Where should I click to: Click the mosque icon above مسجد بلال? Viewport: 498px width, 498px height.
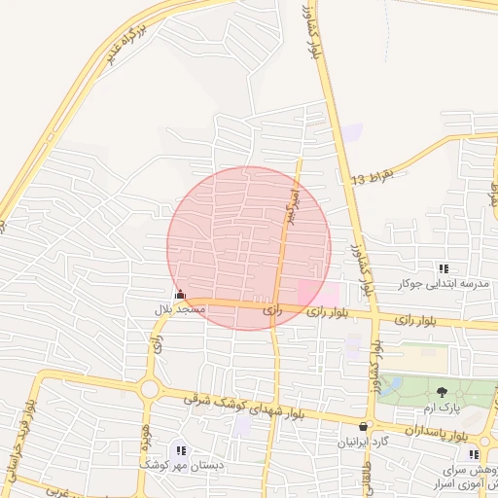click(179, 294)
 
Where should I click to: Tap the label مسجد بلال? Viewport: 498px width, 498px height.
click(180, 308)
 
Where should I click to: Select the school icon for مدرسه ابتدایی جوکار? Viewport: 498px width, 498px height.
click(444, 268)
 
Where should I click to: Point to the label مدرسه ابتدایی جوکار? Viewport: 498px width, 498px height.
click(444, 283)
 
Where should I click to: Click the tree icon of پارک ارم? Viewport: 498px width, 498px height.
click(443, 392)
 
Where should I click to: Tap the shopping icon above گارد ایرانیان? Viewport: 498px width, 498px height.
click(364, 426)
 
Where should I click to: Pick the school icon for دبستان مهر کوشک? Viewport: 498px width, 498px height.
click(181, 449)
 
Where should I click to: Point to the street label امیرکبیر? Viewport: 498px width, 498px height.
click(288, 206)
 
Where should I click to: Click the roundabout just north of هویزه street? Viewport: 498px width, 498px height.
click(149, 389)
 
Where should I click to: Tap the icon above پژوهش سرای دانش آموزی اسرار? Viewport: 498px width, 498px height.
click(473, 454)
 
